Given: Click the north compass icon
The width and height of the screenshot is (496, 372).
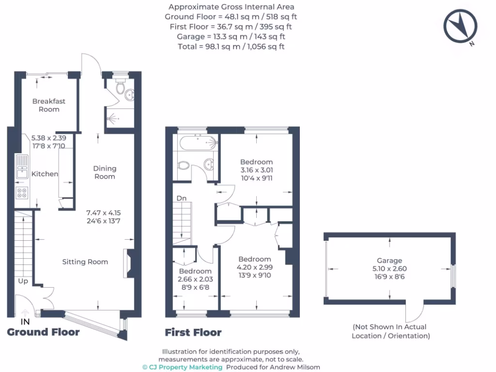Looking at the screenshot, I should (461, 27).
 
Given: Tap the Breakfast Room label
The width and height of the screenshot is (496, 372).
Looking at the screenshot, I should (49, 105).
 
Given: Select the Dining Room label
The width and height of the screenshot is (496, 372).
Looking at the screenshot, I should (105, 172).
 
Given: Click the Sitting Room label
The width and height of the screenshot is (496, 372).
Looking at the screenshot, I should (85, 262).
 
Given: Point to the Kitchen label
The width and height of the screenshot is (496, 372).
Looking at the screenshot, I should (45, 174).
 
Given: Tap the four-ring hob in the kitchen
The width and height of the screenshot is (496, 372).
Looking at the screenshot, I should (22, 193).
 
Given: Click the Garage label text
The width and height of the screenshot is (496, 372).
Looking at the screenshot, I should (389, 261).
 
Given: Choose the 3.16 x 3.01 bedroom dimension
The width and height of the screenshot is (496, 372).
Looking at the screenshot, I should (257, 170).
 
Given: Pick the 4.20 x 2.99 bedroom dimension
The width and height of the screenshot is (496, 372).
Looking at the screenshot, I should (254, 267).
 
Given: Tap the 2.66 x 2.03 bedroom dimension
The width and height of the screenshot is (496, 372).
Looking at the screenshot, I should (195, 279).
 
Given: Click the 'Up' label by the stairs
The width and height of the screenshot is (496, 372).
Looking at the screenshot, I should (23, 281).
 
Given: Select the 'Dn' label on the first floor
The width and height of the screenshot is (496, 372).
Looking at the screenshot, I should (182, 198).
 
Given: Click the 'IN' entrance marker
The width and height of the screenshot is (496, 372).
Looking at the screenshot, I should (25, 322).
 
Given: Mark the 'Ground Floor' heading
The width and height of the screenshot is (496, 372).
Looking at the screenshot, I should (43, 332).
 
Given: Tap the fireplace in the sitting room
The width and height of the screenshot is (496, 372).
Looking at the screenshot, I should (129, 263).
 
